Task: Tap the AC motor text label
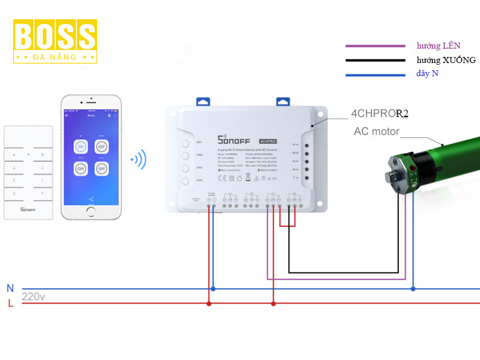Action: coord(376,131)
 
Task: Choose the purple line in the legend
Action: coord(375,46)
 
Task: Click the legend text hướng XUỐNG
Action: coord(446,60)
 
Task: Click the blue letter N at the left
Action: coord(10,289)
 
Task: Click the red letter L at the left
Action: coord(10,304)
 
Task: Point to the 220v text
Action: coord(34,296)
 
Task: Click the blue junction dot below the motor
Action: coord(413,289)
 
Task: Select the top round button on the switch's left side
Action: coord(185,143)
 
